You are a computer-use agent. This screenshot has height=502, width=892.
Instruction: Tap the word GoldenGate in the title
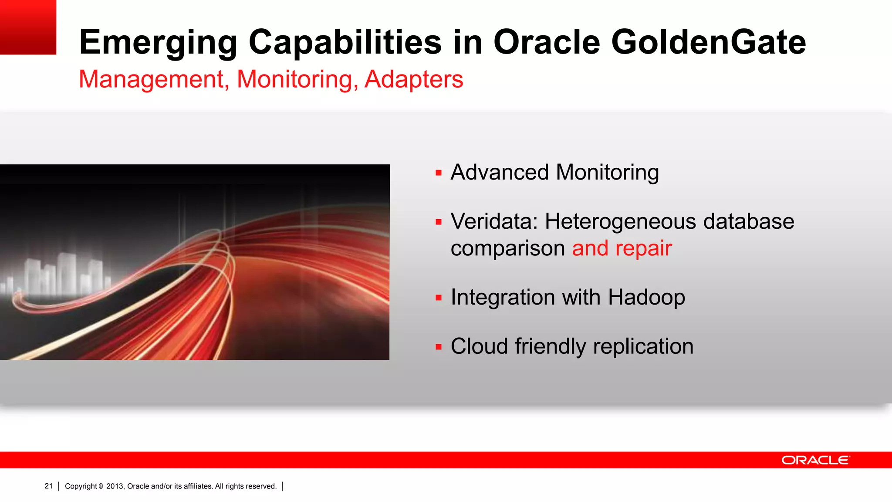point(708,43)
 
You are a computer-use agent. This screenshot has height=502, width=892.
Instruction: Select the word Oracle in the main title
point(546,43)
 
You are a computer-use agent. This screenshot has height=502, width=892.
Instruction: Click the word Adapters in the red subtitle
point(414,80)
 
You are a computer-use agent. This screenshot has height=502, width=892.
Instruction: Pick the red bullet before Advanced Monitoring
point(439,173)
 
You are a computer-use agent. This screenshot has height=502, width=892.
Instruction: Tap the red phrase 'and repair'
point(622,248)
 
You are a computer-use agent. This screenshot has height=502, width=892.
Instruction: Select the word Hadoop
point(646,298)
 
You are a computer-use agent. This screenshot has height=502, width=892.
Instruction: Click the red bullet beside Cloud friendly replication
point(439,347)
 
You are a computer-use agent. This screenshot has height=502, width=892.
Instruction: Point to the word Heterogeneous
point(621,221)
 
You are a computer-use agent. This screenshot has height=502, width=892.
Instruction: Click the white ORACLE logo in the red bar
point(815,460)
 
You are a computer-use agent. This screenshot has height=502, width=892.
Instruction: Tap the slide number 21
point(48,486)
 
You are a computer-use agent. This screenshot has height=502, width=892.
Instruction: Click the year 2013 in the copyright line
point(115,486)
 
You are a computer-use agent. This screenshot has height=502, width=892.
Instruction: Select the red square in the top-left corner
point(28,27)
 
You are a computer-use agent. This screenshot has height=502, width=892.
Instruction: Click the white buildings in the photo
point(65,275)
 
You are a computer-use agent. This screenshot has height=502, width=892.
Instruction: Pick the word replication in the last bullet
point(643,347)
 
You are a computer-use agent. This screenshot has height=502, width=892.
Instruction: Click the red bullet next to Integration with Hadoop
point(439,298)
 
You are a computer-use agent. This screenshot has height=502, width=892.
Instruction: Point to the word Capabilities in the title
point(345,43)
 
